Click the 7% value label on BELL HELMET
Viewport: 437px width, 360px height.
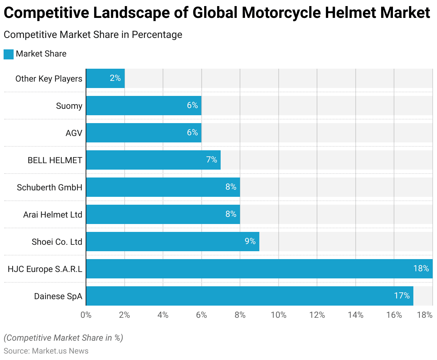pos(212,160)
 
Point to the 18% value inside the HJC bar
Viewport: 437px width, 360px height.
pos(421,268)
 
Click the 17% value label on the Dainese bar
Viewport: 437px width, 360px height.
pos(402,296)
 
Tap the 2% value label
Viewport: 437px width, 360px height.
pos(115,78)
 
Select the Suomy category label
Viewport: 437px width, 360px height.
pos(69,106)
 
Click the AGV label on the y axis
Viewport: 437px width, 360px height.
pos(74,133)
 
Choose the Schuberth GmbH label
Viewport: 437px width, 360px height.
pos(49,188)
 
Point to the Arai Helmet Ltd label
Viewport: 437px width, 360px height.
pos(53,215)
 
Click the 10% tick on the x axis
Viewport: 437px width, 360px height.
pos(279,315)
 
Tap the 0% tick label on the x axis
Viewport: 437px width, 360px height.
pos(86,315)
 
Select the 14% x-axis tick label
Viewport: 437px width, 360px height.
pos(356,315)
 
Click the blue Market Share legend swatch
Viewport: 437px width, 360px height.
pos(9,54)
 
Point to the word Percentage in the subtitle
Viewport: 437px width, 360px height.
pos(157,35)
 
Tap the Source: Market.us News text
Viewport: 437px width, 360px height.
pos(46,351)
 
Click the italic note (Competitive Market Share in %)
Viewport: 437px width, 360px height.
pos(63,338)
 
